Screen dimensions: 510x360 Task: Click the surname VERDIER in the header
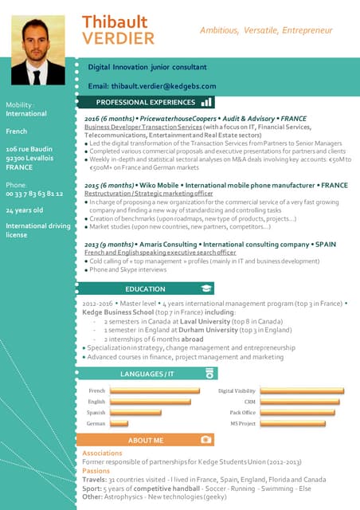click(x=119, y=38)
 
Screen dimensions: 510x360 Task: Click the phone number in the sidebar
click(x=33, y=194)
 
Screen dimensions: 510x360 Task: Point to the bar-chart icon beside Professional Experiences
click(x=206, y=102)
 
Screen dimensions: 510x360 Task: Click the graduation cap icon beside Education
click(x=206, y=288)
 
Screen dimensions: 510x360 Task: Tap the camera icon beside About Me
click(x=206, y=439)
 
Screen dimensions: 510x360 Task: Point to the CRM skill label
click(x=250, y=402)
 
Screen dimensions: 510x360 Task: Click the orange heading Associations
click(x=102, y=453)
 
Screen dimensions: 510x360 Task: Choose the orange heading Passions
click(x=96, y=471)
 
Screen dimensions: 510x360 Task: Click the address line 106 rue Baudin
click(x=29, y=149)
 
